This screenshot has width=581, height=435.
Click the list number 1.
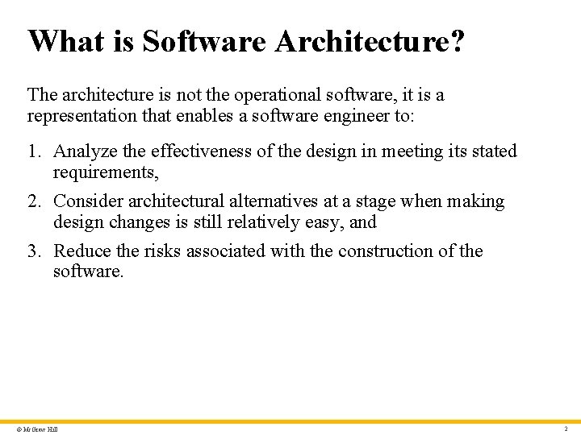[35, 151]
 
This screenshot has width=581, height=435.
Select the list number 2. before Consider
[35, 201]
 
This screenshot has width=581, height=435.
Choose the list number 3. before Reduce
[35, 251]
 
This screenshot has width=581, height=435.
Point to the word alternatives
[274, 201]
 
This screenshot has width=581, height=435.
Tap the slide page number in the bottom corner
[566, 429]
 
